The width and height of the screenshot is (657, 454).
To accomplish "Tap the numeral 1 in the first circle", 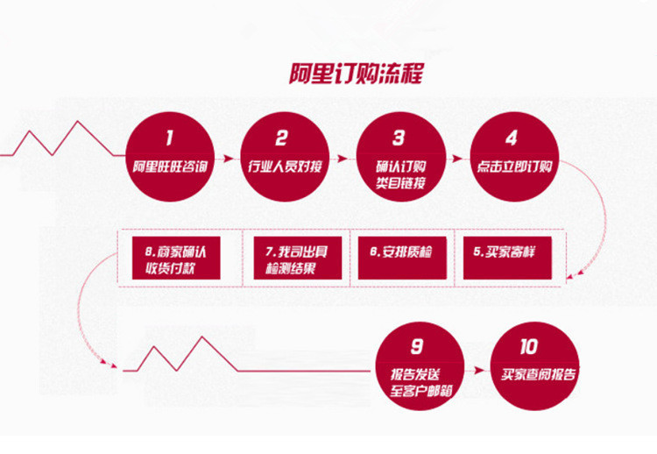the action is click(x=170, y=138).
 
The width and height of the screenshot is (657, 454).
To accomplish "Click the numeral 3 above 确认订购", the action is click(x=399, y=138).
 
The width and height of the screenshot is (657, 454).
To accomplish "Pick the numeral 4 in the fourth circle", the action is click(x=511, y=138).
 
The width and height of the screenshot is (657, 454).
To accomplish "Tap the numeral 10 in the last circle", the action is click(x=534, y=346).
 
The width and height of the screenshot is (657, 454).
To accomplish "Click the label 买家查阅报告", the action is click(x=534, y=375).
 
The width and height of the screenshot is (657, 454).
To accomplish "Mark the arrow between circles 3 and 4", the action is click(x=457, y=160).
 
